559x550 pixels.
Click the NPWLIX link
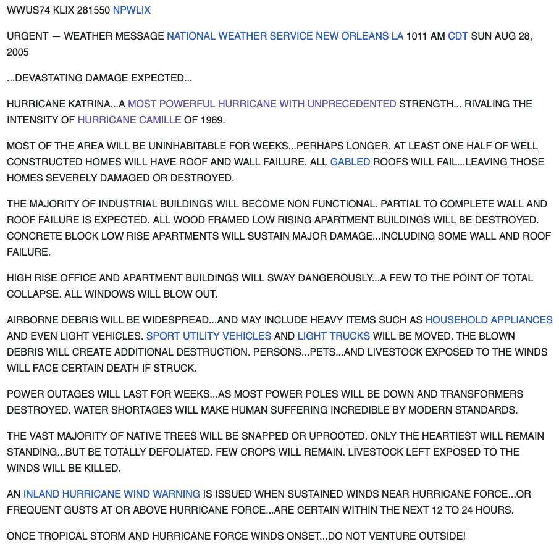click(x=132, y=10)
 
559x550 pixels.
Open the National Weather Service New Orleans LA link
click(x=285, y=36)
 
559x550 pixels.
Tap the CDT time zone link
click(x=458, y=36)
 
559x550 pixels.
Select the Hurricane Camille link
click(x=129, y=120)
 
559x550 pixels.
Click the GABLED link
click(x=350, y=162)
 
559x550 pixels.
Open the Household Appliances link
click(x=489, y=320)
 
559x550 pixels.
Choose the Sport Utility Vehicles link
click(x=208, y=336)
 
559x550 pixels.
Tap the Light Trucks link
click(x=334, y=336)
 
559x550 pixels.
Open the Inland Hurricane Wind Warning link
click(x=111, y=494)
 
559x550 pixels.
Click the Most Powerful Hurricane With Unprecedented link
click(x=262, y=104)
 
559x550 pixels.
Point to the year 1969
click(x=212, y=120)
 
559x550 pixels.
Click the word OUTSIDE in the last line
click(x=440, y=536)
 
